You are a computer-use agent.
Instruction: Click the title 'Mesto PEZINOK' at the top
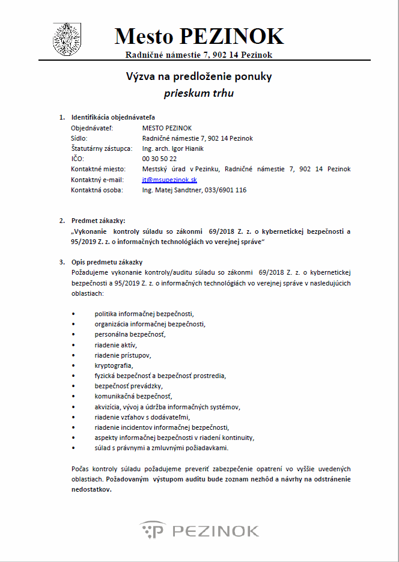[199, 36]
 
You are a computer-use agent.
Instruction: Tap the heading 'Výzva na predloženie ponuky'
[199, 76]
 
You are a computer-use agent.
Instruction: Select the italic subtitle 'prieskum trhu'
[199, 93]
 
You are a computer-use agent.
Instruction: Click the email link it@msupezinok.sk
[170, 180]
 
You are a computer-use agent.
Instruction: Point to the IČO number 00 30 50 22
[159, 159]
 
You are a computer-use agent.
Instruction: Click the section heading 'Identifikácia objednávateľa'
[113, 117]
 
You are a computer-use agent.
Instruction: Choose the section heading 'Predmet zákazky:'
[99, 221]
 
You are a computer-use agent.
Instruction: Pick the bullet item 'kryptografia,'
[114, 365]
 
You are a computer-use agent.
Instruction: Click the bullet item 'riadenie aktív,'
[115, 344]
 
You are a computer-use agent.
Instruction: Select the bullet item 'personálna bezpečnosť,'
[130, 334]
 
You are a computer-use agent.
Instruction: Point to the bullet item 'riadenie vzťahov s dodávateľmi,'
[142, 417]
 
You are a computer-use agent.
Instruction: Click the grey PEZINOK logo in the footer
[199, 530]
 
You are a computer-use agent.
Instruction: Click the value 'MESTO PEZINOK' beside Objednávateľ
[167, 128]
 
